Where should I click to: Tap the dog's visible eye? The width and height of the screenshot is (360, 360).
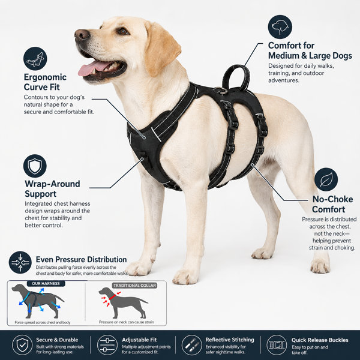click(123, 31)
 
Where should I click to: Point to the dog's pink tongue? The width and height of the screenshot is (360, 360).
click(92, 68)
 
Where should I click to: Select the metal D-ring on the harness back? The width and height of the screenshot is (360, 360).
click(220, 91)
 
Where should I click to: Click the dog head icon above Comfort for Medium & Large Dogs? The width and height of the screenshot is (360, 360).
click(280, 27)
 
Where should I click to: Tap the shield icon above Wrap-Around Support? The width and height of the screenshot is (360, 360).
click(35, 166)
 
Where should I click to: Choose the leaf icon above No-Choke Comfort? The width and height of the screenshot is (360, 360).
click(326, 179)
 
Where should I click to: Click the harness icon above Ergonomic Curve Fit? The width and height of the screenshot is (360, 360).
click(35, 59)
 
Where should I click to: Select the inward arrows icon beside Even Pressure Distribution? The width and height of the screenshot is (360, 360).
click(20, 262)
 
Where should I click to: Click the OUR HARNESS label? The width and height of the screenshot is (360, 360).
click(46, 284)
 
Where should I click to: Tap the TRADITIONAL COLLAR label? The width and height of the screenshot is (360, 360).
click(135, 286)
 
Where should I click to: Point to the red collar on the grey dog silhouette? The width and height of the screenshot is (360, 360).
click(112, 297)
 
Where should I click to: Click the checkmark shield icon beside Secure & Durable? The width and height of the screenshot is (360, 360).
click(22, 345)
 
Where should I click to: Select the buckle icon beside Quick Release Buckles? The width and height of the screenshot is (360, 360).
click(277, 345)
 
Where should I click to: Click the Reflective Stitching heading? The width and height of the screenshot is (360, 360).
click(230, 340)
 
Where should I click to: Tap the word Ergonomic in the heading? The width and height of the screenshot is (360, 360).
click(45, 77)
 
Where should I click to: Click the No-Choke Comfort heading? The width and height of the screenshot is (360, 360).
click(332, 205)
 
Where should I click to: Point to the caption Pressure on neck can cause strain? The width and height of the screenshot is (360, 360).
click(127, 322)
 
